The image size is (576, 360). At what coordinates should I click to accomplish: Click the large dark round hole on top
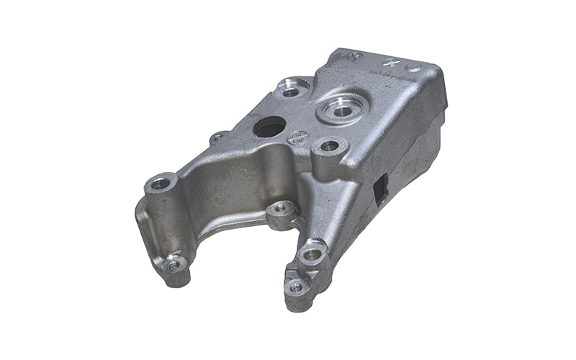pos(269,127)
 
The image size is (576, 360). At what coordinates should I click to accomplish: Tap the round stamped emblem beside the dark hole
pos(298,137)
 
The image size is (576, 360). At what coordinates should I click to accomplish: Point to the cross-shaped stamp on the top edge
pos(391,63)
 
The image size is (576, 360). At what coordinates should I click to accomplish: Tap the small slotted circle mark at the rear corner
pos(353,56)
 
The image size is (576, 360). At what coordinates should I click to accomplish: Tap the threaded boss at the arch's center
pos(280,210)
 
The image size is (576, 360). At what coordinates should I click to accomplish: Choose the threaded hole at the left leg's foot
pos(174,264)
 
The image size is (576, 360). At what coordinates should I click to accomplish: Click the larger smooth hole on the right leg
pos(312,253)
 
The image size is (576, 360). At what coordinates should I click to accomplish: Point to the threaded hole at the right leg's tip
pos(297,287)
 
